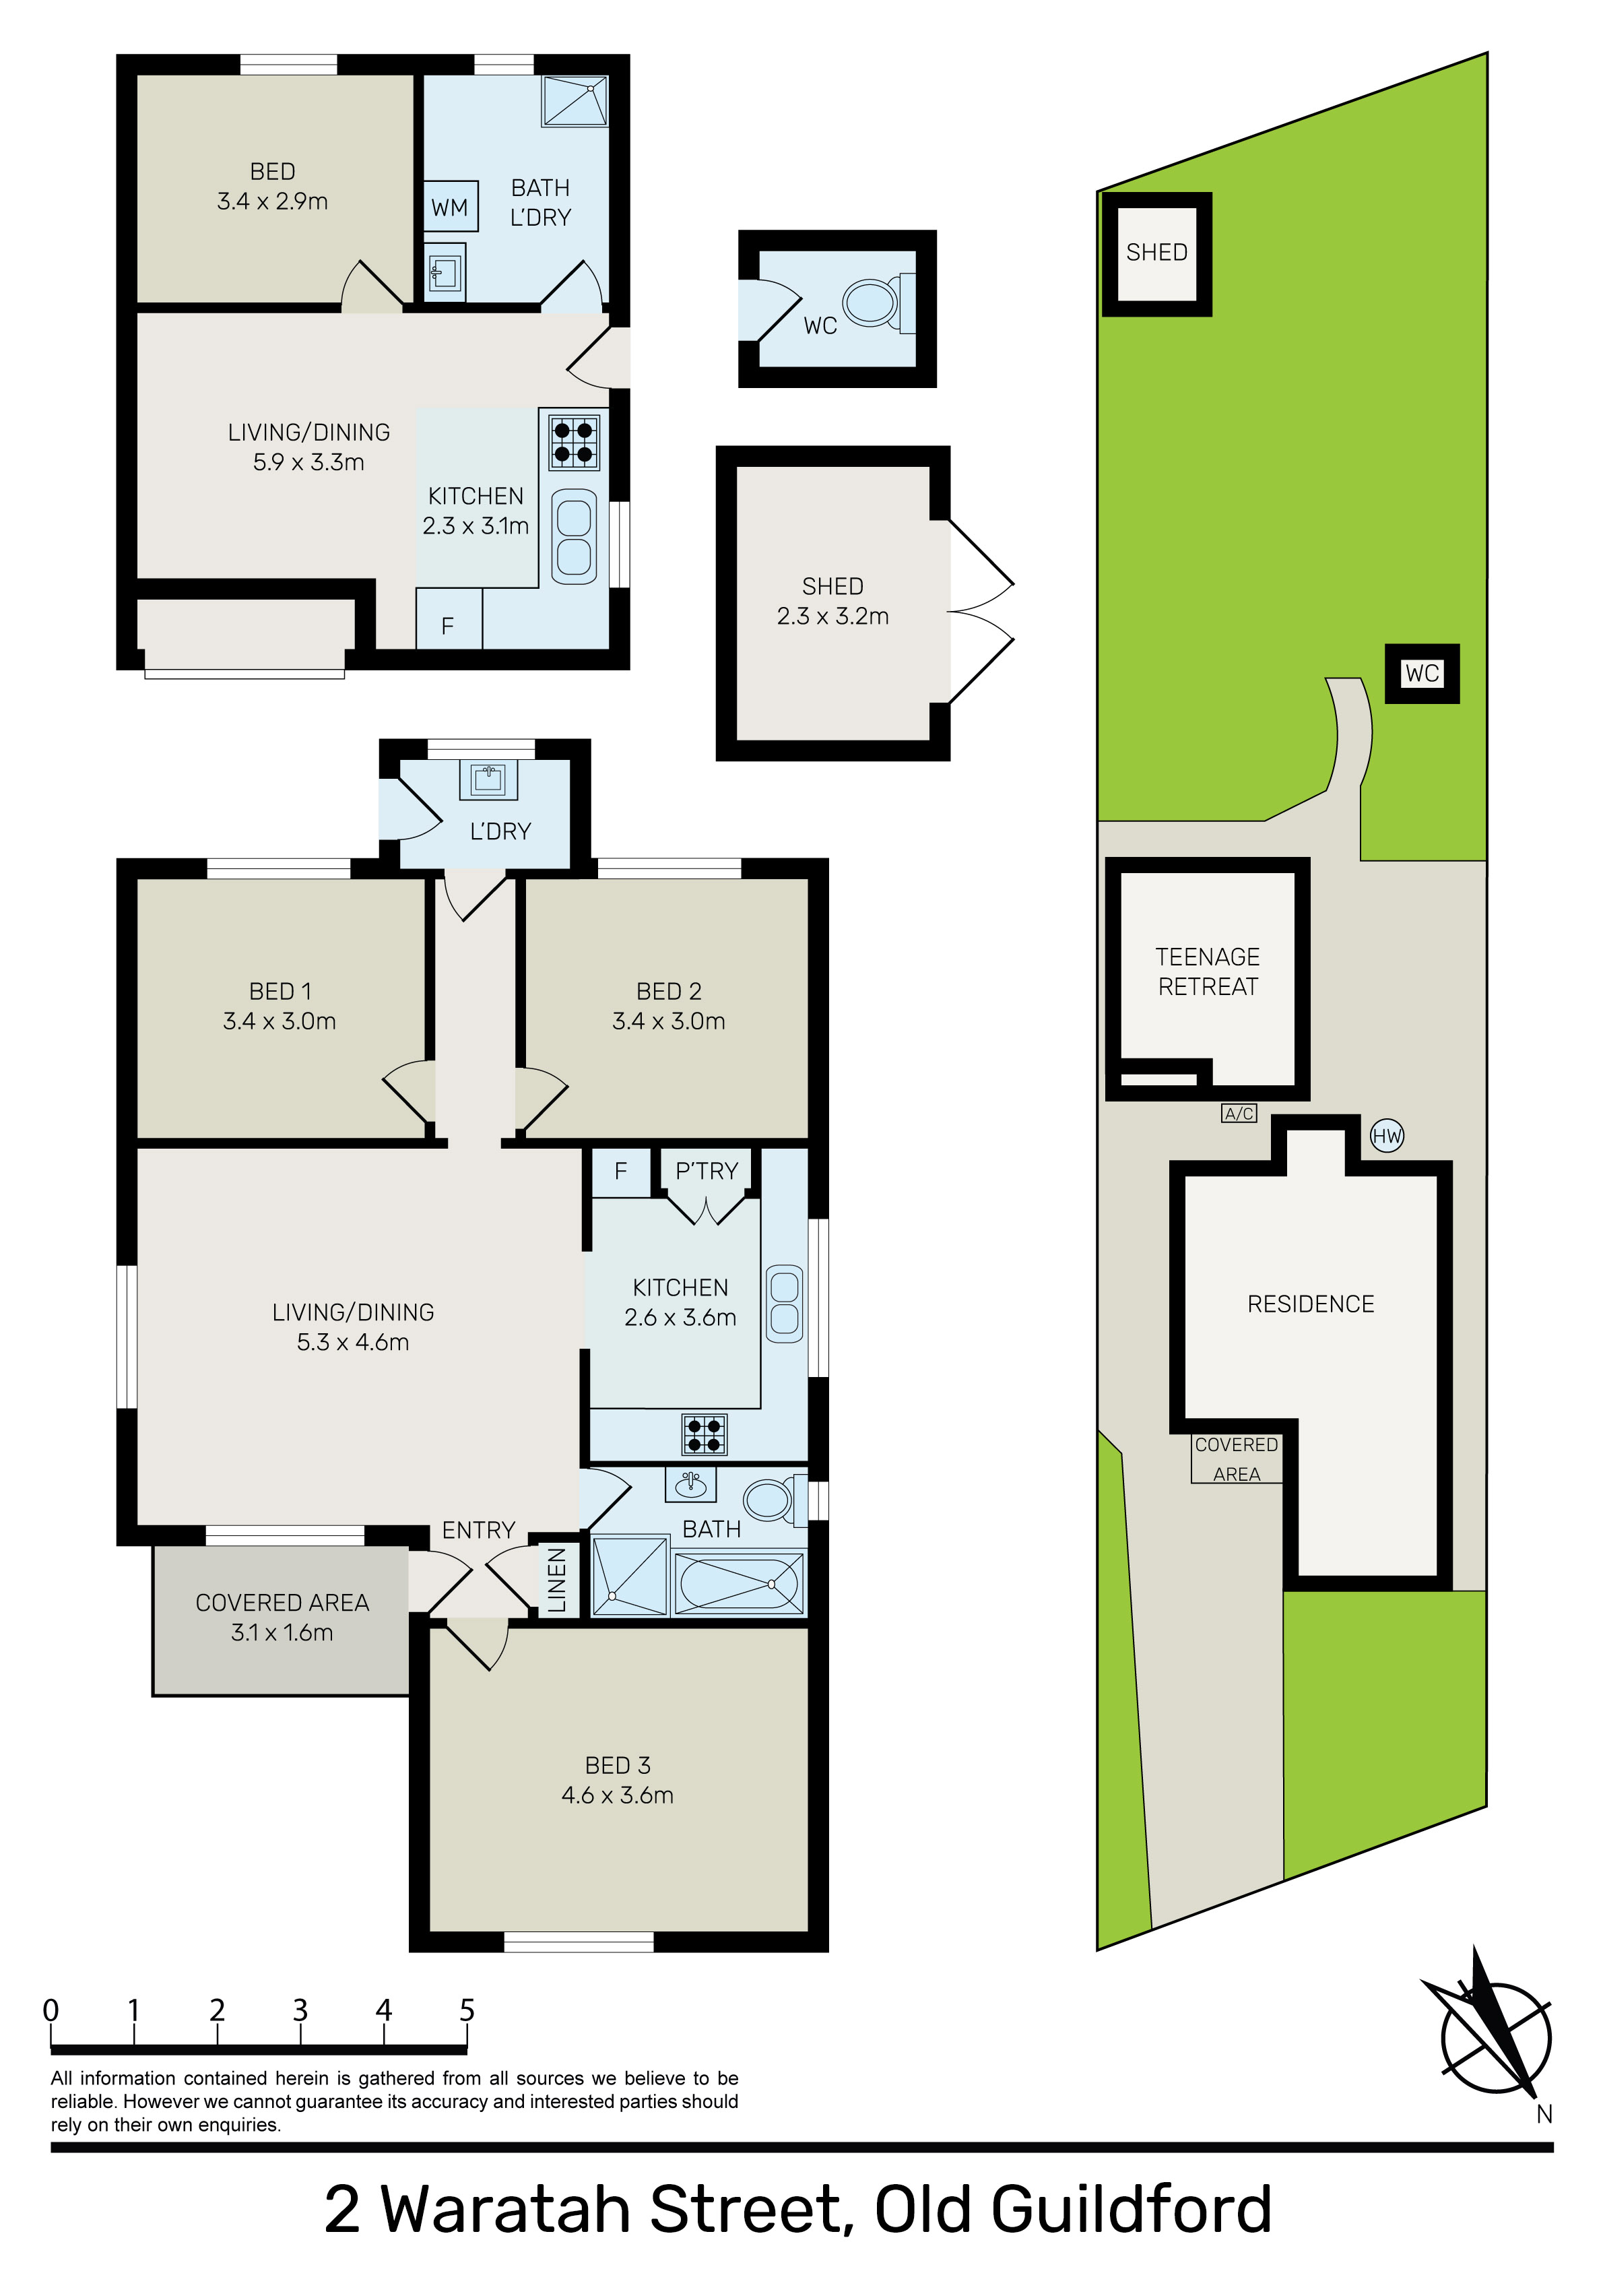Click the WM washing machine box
[x=451, y=207]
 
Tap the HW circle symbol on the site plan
[x=1387, y=1135]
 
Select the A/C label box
[x=1239, y=1114]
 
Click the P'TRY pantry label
[x=707, y=1171]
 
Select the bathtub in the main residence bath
[x=740, y=1583]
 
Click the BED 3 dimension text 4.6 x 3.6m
[x=618, y=1795]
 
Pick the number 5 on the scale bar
[x=467, y=2010]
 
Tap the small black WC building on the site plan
[x=1422, y=674]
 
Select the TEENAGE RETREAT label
[x=1208, y=971]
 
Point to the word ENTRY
[x=478, y=1530]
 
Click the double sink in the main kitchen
[x=785, y=1302]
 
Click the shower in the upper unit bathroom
[x=575, y=101]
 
